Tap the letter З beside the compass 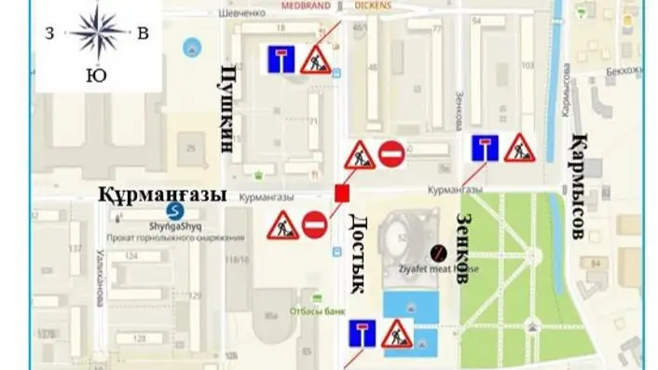[x=48, y=34]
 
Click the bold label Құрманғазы [x=163, y=195]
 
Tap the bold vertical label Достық [x=359, y=251]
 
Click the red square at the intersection [x=342, y=193]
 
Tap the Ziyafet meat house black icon [x=437, y=252]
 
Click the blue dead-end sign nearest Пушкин [x=280, y=60]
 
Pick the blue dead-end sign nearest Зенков [x=482, y=148]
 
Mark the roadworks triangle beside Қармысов [x=519, y=148]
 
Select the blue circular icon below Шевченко [x=193, y=46]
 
